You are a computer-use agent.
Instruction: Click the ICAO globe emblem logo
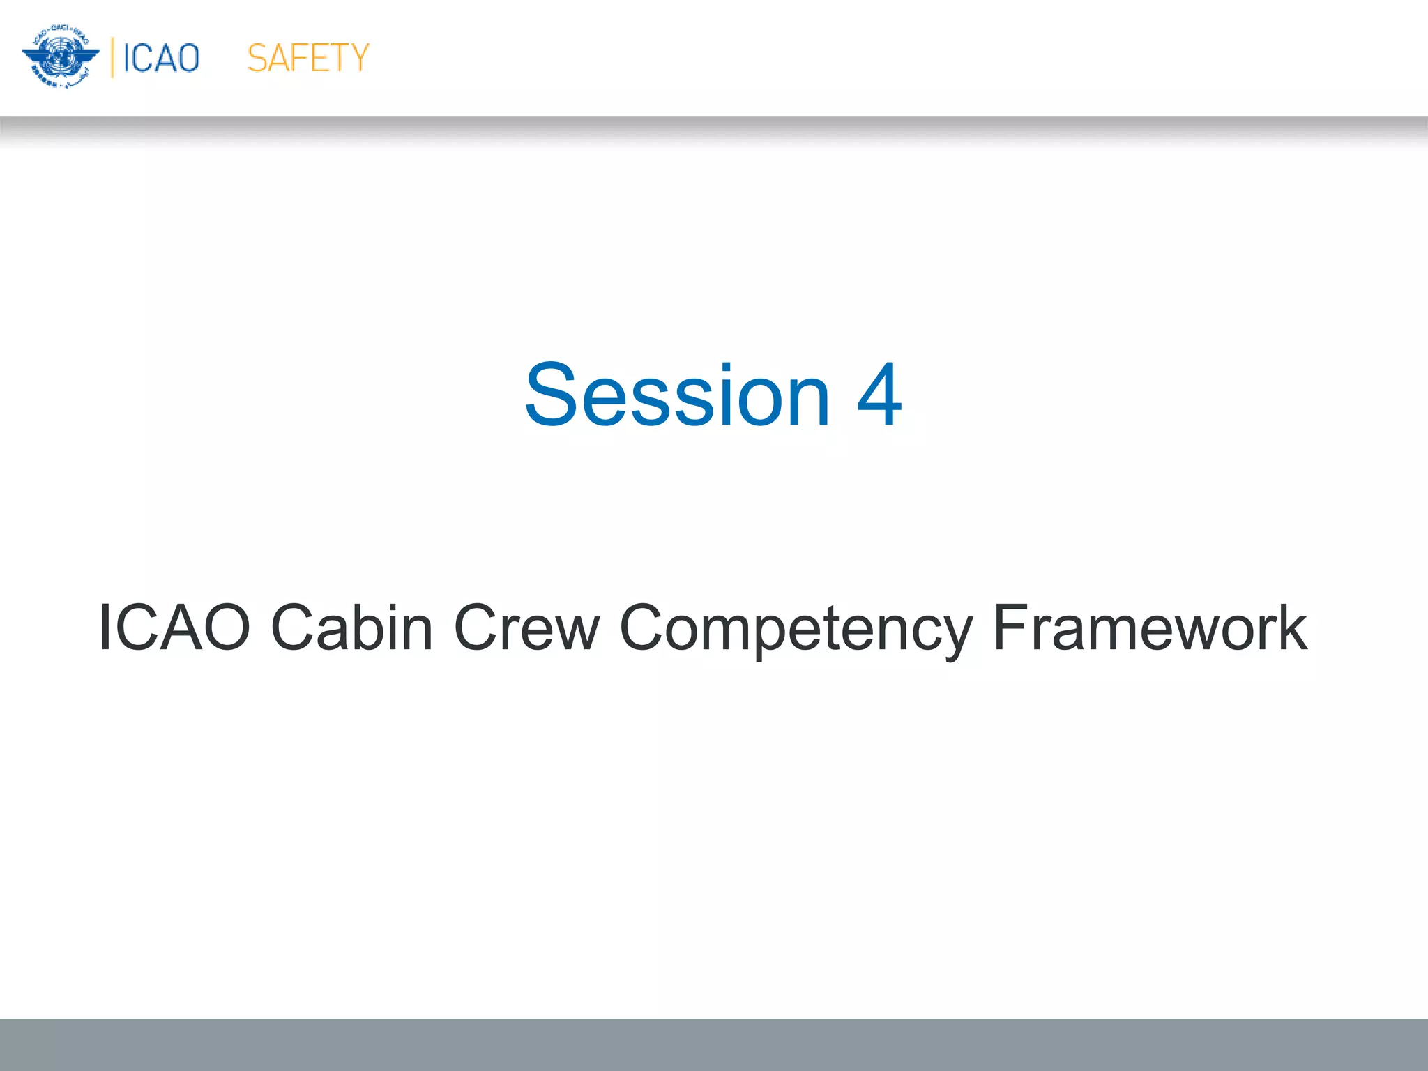(x=61, y=57)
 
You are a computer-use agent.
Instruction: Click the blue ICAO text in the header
(x=161, y=58)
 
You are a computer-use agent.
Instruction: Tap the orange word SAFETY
(x=307, y=58)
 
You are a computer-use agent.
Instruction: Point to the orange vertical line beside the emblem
(x=112, y=58)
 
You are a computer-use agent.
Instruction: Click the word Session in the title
(x=677, y=395)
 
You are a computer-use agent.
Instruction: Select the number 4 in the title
(x=879, y=395)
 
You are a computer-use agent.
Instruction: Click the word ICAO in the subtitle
(x=174, y=628)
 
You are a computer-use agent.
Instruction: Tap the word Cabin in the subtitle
(x=351, y=628)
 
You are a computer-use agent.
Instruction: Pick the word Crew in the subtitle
(x=526, y=628)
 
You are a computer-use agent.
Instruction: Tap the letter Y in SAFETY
(x=358, y=58)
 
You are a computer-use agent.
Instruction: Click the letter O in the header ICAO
(x=187, y=58)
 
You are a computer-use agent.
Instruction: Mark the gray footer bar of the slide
(x=714, y=1044)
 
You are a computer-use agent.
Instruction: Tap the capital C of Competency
(x=641, y=628)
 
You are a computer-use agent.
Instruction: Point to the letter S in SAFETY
(x=257, y=58)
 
